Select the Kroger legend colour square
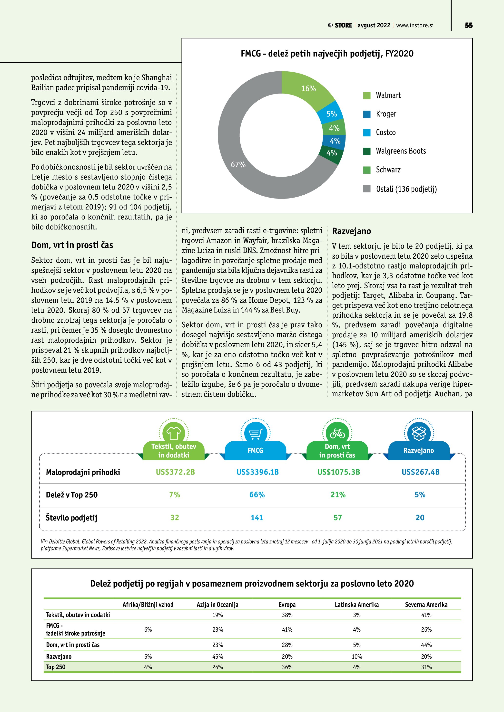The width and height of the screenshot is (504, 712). tap(367, 114)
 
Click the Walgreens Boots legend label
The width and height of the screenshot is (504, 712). tap(401, 151)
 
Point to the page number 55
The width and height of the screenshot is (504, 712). tap(469, 25)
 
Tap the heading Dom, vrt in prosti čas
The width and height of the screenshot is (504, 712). tap(72, 245)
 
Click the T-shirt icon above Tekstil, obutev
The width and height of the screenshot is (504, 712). tap(174, 433)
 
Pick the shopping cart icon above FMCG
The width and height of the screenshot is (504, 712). tap(256, 433)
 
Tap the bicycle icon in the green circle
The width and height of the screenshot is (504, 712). tap(337, 433)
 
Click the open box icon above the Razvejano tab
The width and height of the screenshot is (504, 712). tap(419, 433)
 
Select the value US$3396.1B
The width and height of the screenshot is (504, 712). tap(257, 472)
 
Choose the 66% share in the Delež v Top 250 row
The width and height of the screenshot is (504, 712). tap(257, 495)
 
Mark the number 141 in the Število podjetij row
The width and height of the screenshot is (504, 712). tap(257, 518)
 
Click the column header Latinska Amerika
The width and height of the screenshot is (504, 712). tap(356, 604)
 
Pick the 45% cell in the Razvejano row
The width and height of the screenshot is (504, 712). tap(217, 656)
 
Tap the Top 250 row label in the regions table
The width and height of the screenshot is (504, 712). tap(56, 667)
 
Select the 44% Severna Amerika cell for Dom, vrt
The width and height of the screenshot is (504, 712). tap(426, 645)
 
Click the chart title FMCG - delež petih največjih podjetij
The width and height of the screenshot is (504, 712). tap(327, 54)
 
